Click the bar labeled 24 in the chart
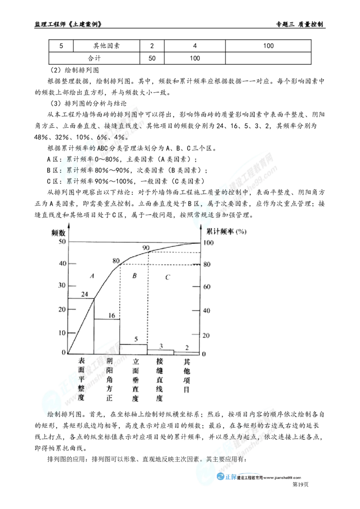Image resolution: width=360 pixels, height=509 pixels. (x=81, y=326)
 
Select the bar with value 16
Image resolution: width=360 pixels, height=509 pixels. (x=107, y=336)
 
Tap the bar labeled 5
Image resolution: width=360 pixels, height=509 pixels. (x=134, y=348)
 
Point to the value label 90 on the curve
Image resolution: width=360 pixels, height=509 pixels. (x=146, y=248)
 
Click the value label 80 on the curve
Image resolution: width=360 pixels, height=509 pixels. (x=116, y=261)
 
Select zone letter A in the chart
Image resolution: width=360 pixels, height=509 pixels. (x=92, y=276)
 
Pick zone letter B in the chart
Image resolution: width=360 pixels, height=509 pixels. (x=135, y=276)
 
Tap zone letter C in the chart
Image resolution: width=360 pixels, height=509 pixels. (x=168, y=277)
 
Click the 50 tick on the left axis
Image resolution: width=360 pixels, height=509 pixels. (x=62, y=241)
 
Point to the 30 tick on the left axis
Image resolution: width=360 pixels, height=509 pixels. (x=62, y=285)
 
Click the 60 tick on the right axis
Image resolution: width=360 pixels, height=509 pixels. (x=207, y=286)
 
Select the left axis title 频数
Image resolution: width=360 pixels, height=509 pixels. (x=58, y=233)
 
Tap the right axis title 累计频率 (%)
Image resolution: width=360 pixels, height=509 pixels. (x=226, y=232)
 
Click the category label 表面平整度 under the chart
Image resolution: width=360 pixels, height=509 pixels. (x=81, y=379)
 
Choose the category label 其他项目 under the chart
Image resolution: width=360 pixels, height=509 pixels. (x=186, y=375)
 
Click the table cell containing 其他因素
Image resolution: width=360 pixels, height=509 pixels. (x=107, y=46)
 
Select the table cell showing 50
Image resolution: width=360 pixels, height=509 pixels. (x=152, y=58)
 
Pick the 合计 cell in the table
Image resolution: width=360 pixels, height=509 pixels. (x=94, y=58)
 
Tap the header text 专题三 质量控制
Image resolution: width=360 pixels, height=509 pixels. (x=299, y=24)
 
